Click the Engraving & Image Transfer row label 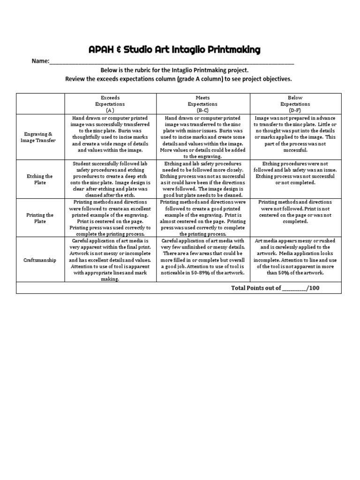pyautogui.click(x=40, y=137)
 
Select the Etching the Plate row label pyautogui.click(x=40, y=180)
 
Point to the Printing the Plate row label pyautogui.click(x=40, y=218)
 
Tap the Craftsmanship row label pyautogui.click(x=40, y=259)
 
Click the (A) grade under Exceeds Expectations pyautogui.click(x=110, y=110)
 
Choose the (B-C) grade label pyautogui.click(x=203, y=110)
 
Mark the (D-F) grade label pyautogui.click(x=295, y=110)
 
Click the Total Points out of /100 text pyautogui.click(x=275, y=288)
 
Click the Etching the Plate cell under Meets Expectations pyautogui.click(x=203, y=180)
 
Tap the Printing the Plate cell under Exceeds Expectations pyautogui.click(x=110, y=218)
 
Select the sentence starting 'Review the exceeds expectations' pyautogui.click(x=178, y=79)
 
